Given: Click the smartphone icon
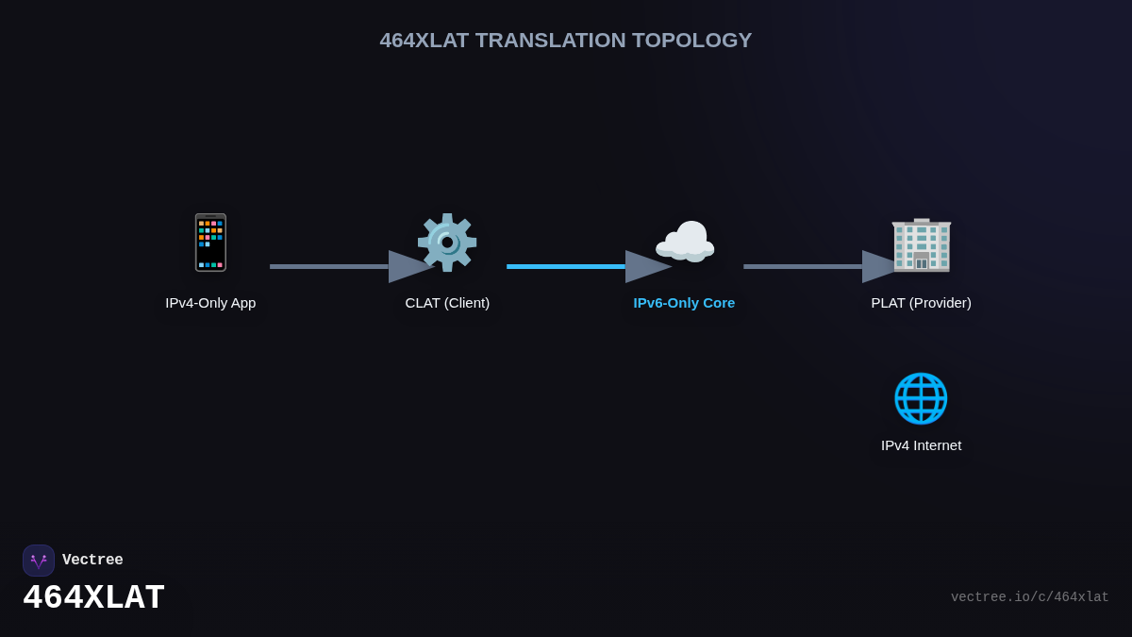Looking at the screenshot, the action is point(210,243).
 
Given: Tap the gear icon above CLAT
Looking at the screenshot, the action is point(447,243).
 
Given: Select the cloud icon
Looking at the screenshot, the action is point(685,243).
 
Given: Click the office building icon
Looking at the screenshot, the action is point(922,244).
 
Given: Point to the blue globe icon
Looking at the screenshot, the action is point(921,398).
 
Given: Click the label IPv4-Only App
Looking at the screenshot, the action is point(210,303).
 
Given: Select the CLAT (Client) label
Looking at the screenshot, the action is point(447,303).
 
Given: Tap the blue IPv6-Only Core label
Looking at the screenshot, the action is point(684,303).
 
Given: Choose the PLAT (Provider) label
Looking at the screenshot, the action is point(922,303).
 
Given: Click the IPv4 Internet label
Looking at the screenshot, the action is point(922,445).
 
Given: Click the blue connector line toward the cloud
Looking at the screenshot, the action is point(566,266).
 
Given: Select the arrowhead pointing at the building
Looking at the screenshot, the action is point(879,266).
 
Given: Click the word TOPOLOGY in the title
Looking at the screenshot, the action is point(691,41).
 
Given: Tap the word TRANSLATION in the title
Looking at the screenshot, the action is point(550,41).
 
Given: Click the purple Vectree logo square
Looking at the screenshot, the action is point(39,561).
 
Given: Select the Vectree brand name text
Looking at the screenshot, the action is point(92,560).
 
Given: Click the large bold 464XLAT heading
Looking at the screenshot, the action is point(94,597).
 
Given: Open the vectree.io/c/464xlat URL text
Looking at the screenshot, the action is point(1029,597).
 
